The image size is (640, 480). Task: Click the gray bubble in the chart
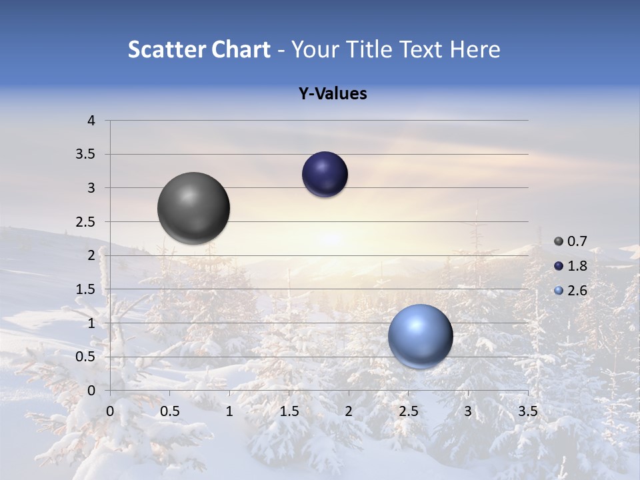[x=193, y=208]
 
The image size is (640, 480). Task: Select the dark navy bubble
[x=325, y=175]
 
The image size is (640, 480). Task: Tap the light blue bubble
[x=420, y=336]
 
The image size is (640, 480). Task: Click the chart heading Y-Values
[x=333, y=94]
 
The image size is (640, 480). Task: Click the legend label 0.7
[x=577, y=241]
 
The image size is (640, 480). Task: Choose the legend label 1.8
[x=577, y=266]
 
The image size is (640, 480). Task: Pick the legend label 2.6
[x=577, y=291]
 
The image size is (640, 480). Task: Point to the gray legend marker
[x=559, y=241]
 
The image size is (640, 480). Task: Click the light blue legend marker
[x=559, y=291]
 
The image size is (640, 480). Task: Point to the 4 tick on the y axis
[x=91, y=121]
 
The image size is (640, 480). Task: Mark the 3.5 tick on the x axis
[x=527, y=411]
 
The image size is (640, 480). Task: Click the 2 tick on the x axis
[x=349, y=411]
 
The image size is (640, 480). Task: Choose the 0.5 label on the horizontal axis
[x=169, y=411]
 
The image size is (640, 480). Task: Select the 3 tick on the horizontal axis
[x=468, y=411]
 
